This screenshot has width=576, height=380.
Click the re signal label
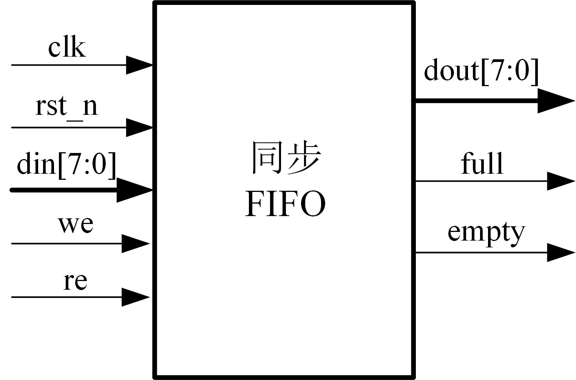click(75, 281)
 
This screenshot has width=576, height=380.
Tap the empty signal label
click(486, 232)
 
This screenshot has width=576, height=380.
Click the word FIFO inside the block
click(285, 204)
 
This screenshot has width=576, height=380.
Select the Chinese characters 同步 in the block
click(286, 158)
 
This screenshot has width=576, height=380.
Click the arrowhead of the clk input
click(139, 65)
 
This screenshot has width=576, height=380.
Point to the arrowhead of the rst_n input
click(139, 127)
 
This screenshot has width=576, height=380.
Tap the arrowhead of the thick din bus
click(134, 190)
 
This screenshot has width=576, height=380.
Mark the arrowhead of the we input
click(135, 244)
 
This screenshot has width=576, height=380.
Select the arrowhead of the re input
click(135, 297)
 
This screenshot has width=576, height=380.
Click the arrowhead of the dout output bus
click(555, 101)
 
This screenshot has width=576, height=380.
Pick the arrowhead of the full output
click(561, 181)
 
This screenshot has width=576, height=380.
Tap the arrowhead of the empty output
click(561, 252)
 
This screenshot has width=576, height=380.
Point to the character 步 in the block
click(304, 158)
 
